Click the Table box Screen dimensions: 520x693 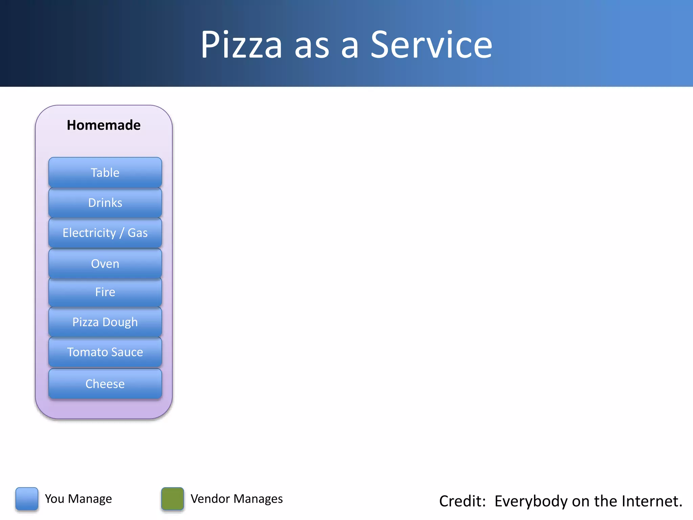tap(105, 172)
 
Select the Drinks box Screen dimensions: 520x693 tap(105, 202)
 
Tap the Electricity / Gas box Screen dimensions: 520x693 tap(105, 233)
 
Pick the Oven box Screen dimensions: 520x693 tap(105, 263)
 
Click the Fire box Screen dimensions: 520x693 tap(105, 292)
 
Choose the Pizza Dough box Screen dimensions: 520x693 tap(105, 322)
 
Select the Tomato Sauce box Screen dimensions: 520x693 tap(105, 352)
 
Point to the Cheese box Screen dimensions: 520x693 tap(105, 384)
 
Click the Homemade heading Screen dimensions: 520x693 tap(104, 125)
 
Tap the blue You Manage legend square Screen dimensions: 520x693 tap(27, 498)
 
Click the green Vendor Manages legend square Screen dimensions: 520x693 tap(173, 498)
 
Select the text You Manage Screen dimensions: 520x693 tap(78, 499)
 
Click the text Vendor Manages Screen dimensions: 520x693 tap(237, 499)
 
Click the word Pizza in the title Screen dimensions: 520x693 tap(241, 45)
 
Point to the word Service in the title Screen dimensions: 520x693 tap(431, 45)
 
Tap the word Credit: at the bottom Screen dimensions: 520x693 tap(462, 501)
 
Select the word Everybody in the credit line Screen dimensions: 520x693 tap(531, 501)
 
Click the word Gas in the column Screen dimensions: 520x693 tap(137, 233)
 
